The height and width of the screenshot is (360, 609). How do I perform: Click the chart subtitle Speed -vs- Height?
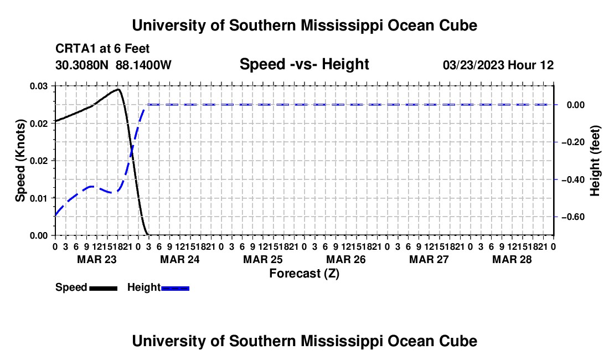click(x=304, y=64)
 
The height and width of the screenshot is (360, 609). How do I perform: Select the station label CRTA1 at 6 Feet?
click(x=102, y=49)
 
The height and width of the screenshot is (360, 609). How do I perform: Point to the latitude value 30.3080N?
click(x=82, y=65)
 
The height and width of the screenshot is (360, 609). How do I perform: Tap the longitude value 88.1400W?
click(x=143, y=65)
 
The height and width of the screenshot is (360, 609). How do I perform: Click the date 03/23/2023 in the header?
click(x=473, y=65)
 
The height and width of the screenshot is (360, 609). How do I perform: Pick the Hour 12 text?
click(x=530, y=65)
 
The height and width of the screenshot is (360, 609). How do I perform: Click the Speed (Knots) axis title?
click(x=20, y=161)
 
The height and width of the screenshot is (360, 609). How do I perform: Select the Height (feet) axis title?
click(x=595, y=161)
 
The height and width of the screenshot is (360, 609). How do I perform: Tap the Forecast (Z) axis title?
click(x=304, y=274)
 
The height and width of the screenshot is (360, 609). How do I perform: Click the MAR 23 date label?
click(x=97, y=259)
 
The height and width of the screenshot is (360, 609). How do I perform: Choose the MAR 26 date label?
click(x=345, y=259)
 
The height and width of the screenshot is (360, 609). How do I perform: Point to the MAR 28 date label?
click(x=512, y=259)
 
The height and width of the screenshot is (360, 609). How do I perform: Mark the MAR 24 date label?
click(x=180, y=259)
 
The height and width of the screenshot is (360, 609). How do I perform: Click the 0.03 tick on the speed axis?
click(x=39, y=86)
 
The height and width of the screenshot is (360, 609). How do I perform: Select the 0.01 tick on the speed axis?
click(x=39, y=198)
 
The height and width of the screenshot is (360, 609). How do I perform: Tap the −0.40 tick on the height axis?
click(x=573, y=179)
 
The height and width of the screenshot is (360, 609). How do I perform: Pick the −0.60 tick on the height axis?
click(x=573, y=217)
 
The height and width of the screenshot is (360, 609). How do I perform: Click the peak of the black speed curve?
click(x=118, y=89)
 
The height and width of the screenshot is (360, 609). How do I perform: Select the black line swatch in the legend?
click(x=104, y=289)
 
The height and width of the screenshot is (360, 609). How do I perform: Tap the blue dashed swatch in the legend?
click(x=175, y=289)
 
